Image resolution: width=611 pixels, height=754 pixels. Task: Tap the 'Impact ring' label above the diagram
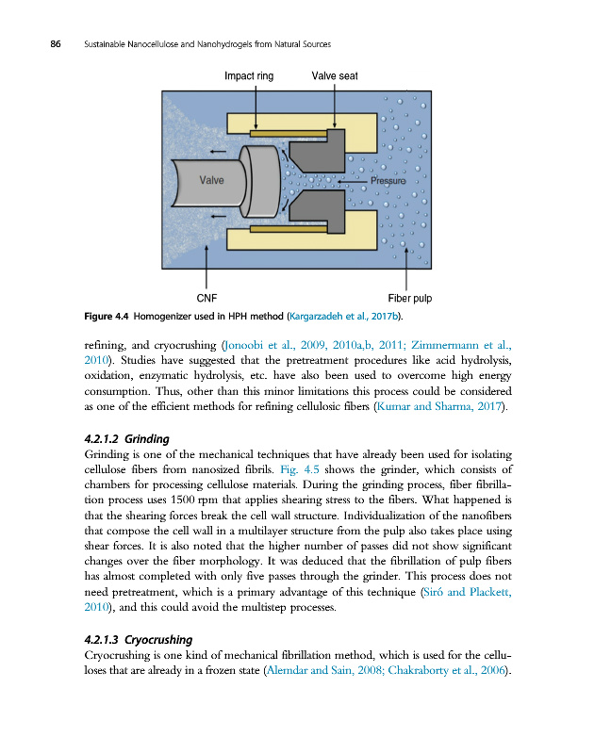click(x=249, y=76)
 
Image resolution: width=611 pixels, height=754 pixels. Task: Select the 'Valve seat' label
click(x=334, y=76)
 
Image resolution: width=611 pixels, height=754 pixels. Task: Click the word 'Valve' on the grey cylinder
click(x=212, y=179)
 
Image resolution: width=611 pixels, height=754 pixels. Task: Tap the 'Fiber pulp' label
click(x=409, y=299)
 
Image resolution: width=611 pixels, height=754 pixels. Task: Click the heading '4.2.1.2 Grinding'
click(x=126, y=439)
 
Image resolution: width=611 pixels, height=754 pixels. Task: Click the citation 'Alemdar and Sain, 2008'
click(x=322, y=670)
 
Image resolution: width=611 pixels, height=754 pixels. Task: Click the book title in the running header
click(x=207, y=45)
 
